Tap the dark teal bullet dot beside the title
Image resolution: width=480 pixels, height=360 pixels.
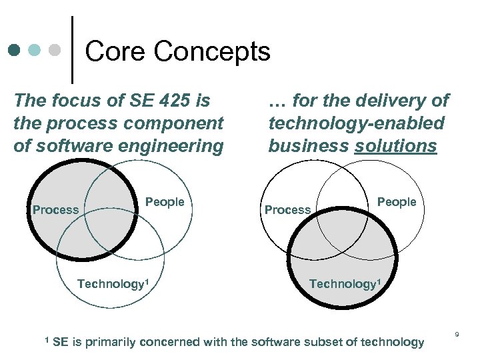click(15, 50)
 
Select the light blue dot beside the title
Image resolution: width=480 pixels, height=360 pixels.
click(35, 50)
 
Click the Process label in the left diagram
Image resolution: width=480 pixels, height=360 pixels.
click(55, 210)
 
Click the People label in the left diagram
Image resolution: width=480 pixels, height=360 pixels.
click(165, 202)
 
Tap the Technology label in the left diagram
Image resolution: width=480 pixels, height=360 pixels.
click(111, 284)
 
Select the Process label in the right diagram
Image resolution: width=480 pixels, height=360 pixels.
click(287, 210)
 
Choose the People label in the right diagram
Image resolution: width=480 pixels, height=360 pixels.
click(397, 202)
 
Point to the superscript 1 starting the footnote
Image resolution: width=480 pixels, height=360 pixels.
click(47, 340)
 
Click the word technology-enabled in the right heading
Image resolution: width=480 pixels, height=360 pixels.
click(356, 123)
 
